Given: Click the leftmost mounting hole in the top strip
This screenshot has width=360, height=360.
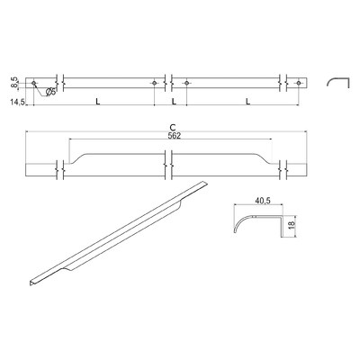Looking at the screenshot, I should (35, 84).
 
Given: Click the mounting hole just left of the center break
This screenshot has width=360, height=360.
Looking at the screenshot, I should (156, 84).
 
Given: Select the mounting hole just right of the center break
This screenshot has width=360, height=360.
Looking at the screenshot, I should (185, 84).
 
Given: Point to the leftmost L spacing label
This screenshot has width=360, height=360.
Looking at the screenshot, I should (96, 103).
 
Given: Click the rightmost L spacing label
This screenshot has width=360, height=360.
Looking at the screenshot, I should (246, 103).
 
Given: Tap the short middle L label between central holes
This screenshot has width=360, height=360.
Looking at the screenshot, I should (171, 103).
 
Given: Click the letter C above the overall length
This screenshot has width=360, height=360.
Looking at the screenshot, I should (171, 127).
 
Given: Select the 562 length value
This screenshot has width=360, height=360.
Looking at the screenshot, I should (171, 137).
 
